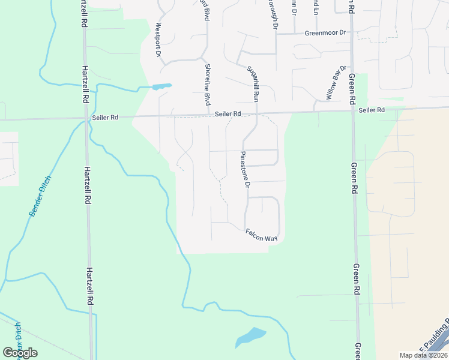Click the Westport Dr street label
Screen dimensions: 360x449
coord(158,40)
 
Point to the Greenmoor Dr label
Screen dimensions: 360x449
coord(326,34)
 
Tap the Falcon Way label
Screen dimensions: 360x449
coord(261,235)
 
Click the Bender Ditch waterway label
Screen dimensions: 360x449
coord(40,196)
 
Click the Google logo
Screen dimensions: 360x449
coord(20,353)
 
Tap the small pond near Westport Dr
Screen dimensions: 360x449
coord(161,86)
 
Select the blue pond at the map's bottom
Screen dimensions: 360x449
coord(250,337)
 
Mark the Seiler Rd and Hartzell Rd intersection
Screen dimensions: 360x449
coord(85,118)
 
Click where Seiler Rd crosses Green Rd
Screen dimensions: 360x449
coord(352,110)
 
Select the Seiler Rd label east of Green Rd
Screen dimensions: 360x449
coord(372,110)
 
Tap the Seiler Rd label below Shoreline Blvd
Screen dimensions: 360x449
coord(228,113)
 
